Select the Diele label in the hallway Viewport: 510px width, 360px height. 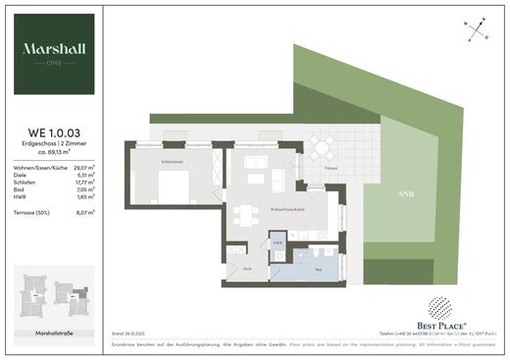(x=234, y=268)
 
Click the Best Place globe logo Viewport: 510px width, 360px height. (x=437, y=304)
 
